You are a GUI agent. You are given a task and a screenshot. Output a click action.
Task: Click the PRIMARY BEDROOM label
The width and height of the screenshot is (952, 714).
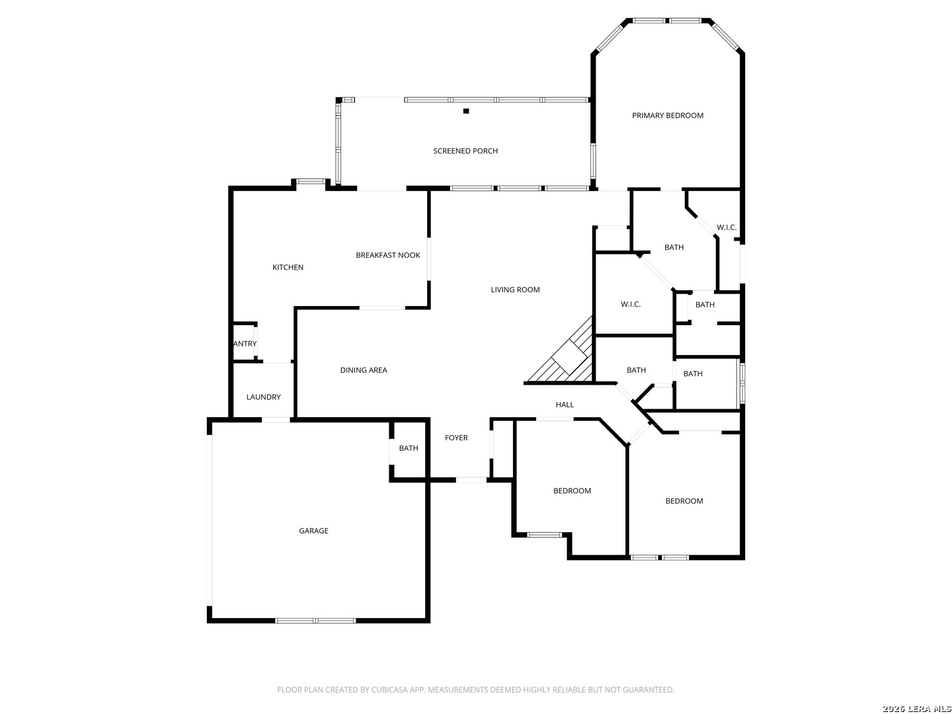tap(667, 115)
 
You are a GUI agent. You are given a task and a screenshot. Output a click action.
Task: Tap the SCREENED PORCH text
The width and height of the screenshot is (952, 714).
tap(465, 151)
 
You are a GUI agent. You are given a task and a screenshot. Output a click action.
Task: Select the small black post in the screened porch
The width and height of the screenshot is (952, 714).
tap(466, 111)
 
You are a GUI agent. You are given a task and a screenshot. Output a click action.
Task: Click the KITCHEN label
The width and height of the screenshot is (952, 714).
tap(288, 267)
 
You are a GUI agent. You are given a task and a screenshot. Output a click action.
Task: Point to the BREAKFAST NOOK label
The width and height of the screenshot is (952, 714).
tap(387, 255)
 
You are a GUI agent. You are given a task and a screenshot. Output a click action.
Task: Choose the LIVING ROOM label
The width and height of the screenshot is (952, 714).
tap(515, 290)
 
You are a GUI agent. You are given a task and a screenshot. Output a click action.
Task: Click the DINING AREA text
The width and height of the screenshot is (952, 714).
tap(364, 370)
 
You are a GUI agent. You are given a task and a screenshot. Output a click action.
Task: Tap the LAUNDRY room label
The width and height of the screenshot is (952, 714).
tap(263, 397)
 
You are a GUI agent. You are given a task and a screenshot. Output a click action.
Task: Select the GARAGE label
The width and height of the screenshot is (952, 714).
tap(313, 531)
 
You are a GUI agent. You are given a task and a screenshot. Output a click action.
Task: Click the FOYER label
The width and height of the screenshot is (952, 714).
tap(456, 438)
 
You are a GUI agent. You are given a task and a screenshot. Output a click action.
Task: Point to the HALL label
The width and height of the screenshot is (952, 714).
tap(565, 405)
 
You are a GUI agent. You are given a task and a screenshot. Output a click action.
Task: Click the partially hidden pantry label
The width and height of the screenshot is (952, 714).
tap(245, 344)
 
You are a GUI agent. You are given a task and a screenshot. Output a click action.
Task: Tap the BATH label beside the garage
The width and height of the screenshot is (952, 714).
tap(409, 448)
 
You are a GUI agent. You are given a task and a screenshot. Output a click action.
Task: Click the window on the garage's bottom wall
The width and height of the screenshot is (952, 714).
tap(315, 621)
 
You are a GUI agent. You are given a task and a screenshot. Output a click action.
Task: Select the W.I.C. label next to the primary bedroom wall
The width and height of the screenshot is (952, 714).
tap(727, 227)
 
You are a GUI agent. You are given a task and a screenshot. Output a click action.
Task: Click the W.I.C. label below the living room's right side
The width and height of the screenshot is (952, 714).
tap(630, 304)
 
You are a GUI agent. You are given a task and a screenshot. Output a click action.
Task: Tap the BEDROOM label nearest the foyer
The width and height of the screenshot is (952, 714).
tap(572, 491)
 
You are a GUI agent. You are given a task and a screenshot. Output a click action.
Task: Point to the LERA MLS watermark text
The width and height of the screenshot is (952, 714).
tap(927, 709)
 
